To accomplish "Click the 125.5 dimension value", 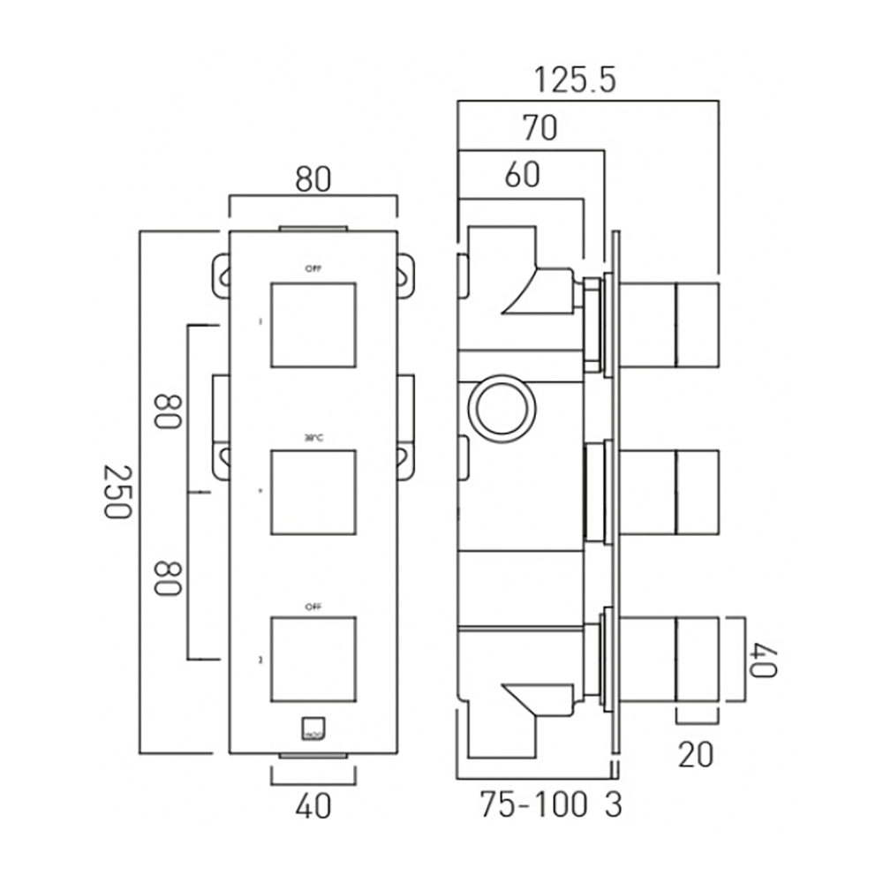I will pyautogui.click(x=574, y=81).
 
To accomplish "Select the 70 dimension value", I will pyautogui.click(x=540, y=129).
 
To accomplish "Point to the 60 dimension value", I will pyautogui.click(x=522, y=176).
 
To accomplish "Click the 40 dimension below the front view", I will pyautogui.click(x=313, y=805).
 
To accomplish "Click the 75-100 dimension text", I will pyautogui.click(x=533, y=805).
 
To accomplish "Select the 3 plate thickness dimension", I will pyautogui.click(x=613, y=805).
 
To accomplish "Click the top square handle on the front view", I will pyautogui.click(x=313, y=325).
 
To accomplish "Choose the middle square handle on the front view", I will pyautogui.click(x=313, y=492).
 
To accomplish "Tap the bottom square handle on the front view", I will pyautogui.click(x=313, y=659).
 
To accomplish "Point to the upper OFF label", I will pyautogui.click(x=313, y=268).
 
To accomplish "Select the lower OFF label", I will pyautogui.click(x=313, y=608).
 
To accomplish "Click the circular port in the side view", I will pyautogui.click(x=502, y=410).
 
